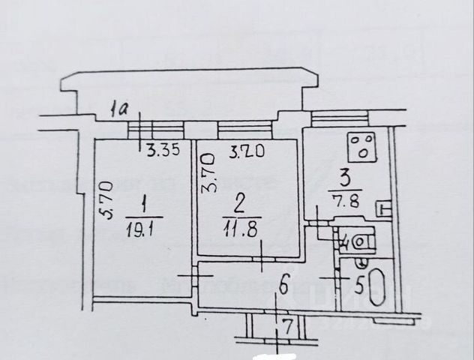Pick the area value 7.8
point(343,196)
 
